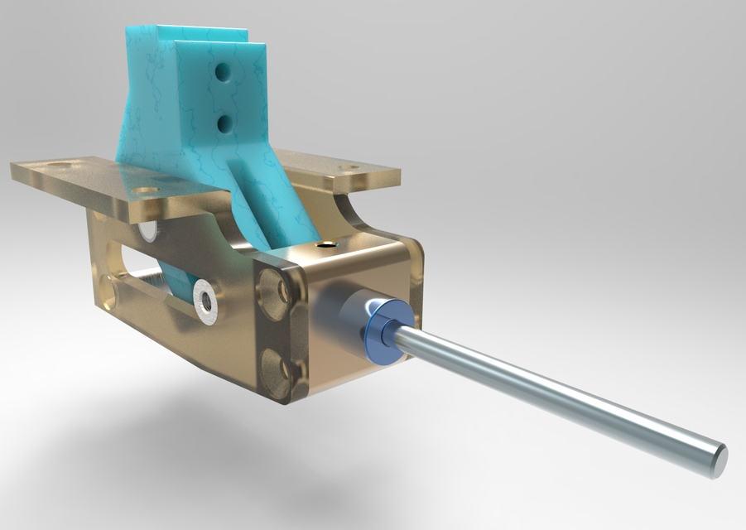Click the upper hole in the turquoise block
223,73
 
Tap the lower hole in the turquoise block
224,123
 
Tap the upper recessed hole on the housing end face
272,289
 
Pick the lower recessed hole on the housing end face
276,369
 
